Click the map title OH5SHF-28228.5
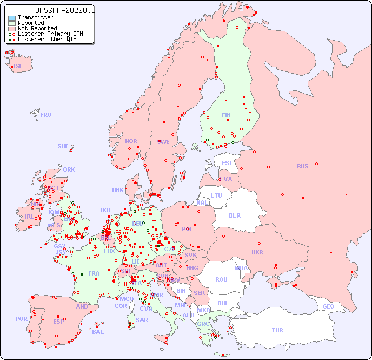pos(65,10)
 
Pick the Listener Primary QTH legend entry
pos(50,34)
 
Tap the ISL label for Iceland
pos(18,67)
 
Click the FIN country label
pos(226,115)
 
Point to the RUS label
pos(302,166)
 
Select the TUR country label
pos(277,330)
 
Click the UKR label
pos(257,252)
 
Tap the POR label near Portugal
pos(21,319)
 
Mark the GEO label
pos(328,306)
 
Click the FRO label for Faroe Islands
pos(46,115)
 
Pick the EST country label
pos(227,163)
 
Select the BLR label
pos(234,215)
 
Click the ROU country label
pos(221,279)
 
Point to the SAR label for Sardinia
pos(142,320)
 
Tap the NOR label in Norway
pos(131,141)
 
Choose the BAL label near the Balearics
pos(98,332)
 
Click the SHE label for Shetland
pos(63,146)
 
